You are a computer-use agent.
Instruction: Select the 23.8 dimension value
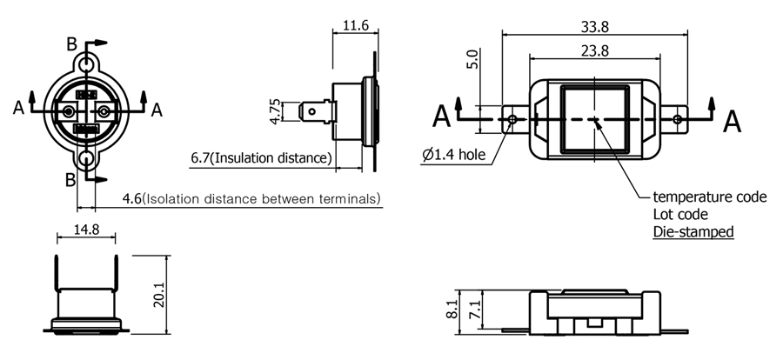(x=595, y=51)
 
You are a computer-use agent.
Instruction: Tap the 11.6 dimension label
(x=356, y=25)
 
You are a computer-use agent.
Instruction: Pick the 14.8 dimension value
(x=86, y=230)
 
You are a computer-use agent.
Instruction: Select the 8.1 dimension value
(x=452, y=310)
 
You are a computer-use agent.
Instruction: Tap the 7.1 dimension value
(x=476, y=310)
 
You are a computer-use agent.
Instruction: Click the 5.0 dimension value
(x=474, y=59)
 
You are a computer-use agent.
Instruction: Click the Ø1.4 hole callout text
(x=453, y=155)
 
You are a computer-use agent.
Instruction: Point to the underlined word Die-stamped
(x=693, y=231)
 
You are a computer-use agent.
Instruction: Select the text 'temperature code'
(x=710, y=197)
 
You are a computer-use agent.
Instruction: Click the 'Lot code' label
(x=680, y=214)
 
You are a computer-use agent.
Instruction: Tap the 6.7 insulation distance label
(x=261, y=157)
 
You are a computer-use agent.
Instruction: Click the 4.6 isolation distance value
(x=251, y=199)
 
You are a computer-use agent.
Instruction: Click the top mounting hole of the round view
(x=87, y=65)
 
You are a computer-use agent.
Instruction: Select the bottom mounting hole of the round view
(x=87, y=160)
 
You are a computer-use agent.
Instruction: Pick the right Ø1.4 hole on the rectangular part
(x=677, y=119)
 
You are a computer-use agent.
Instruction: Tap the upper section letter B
(x=72, y=44)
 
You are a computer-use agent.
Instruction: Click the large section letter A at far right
(x=732, y=121)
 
